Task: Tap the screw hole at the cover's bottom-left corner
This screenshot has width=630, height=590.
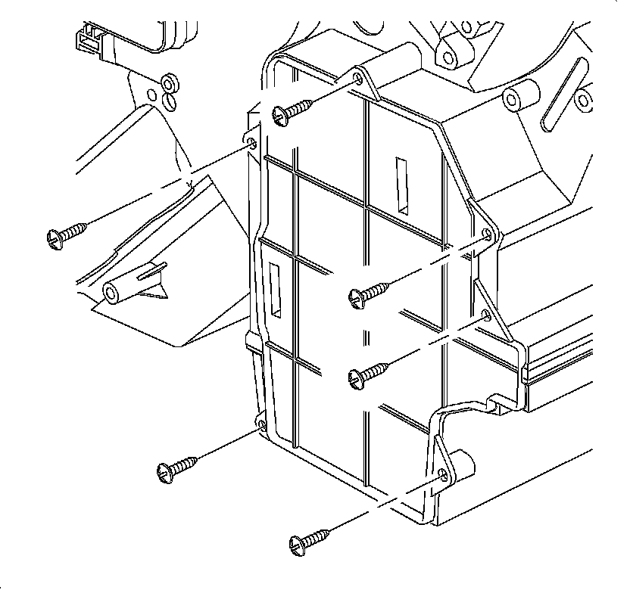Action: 262,426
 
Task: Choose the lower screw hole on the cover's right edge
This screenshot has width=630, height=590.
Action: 486,314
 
